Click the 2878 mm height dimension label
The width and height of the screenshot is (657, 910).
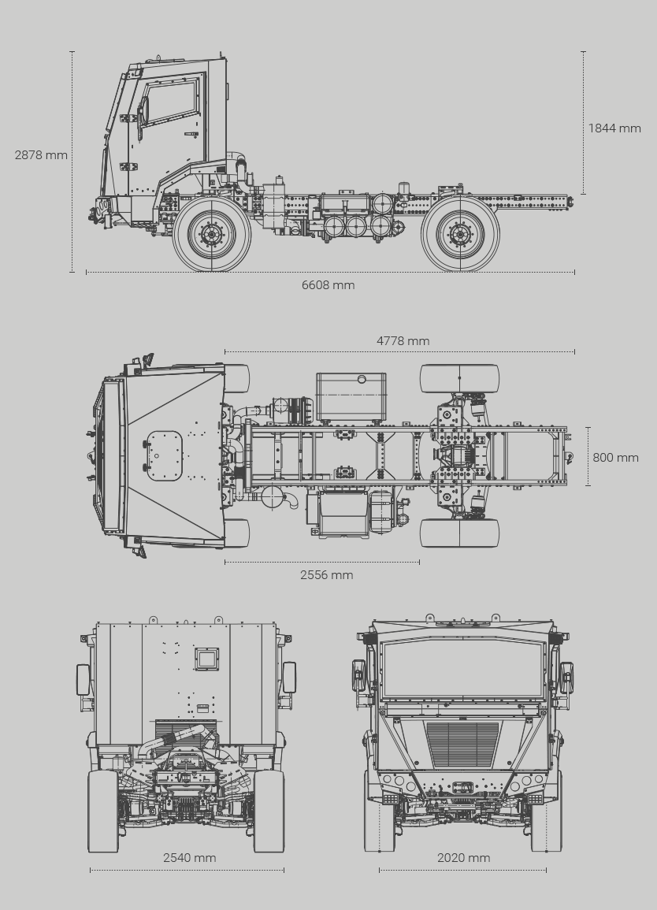41,155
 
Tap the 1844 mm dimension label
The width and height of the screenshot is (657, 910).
614,128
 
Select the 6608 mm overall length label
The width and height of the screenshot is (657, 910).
328,285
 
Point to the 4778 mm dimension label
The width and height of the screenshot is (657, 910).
403,340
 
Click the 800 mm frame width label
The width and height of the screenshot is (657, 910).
615,457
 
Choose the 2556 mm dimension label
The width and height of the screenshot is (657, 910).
327,574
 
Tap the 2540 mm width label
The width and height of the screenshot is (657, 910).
189,858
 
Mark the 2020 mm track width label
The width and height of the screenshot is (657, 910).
464,858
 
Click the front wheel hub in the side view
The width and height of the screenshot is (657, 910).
211,235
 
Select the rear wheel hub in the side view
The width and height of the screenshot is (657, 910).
460,235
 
